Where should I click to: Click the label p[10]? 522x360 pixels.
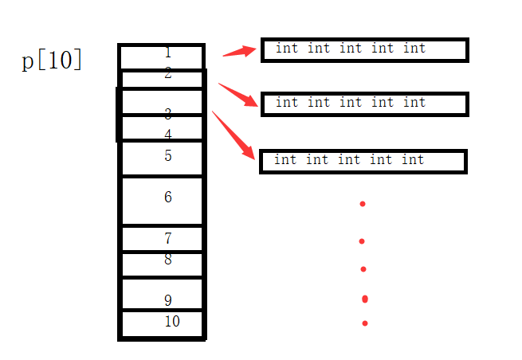pos(52,61)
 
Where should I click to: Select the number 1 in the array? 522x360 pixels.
pos(167,53)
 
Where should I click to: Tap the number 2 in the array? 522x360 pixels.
pos(167,74)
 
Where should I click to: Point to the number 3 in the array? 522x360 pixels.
pos(167,114)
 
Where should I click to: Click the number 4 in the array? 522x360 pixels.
pos(167,135)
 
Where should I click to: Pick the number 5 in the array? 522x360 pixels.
pos(167,155)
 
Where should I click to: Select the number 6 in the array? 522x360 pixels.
pos(167,197)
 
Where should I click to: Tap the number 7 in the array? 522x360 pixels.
pos(167,238)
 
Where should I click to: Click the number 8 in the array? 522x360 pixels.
pos(167,259)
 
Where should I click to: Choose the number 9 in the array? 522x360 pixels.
pos(167,300)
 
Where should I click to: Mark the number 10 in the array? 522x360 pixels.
pos(172,322)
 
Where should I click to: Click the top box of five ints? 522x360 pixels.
pos(364,49)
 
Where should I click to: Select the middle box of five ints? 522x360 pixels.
pos(364,104)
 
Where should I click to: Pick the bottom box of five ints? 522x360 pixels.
pos(363,161)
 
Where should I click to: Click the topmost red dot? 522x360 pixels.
pos(363,204)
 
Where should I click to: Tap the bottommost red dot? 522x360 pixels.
pos(365,323)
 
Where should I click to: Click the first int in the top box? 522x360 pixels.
pos(287,49)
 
